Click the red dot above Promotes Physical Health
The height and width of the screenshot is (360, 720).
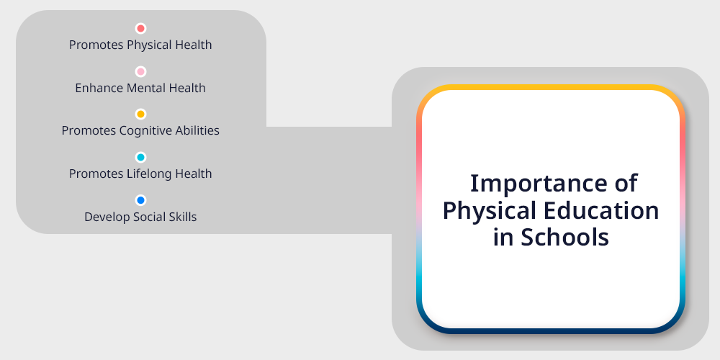click(x=140, y=29)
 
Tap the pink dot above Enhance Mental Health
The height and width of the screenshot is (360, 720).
click(x=140, y=71)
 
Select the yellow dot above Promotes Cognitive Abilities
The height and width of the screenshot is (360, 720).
click(x=140, y=114)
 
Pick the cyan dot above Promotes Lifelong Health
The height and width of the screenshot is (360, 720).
click(x=140, y=158)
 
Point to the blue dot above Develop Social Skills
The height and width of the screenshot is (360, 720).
click(x=140, y=200)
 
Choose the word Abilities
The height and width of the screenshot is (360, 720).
click(x=197, y=131)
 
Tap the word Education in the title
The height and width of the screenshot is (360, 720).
click(x=601, y=211)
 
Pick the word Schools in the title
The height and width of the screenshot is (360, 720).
click(x=564, y=238)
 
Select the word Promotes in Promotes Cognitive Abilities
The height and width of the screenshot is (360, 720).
click(x=89, y=131)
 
